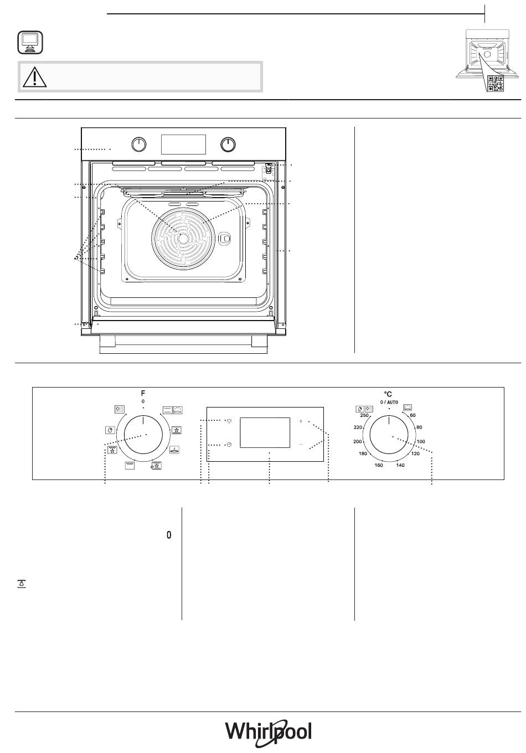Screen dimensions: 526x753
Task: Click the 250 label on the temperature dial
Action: (364, 415)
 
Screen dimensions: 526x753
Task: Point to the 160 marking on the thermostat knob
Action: (379, 465)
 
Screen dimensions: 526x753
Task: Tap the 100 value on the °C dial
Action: (420, 441)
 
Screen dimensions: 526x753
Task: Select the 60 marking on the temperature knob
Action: (412, 415)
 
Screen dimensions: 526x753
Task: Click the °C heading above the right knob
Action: (388, 394)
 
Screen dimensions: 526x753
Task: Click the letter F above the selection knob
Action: (143, 393)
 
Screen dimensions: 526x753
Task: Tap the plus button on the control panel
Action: (301, 421)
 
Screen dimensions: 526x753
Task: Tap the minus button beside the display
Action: (301, 444)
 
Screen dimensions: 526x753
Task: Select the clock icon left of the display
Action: (229, 445)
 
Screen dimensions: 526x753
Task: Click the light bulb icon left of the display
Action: (229, 421)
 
